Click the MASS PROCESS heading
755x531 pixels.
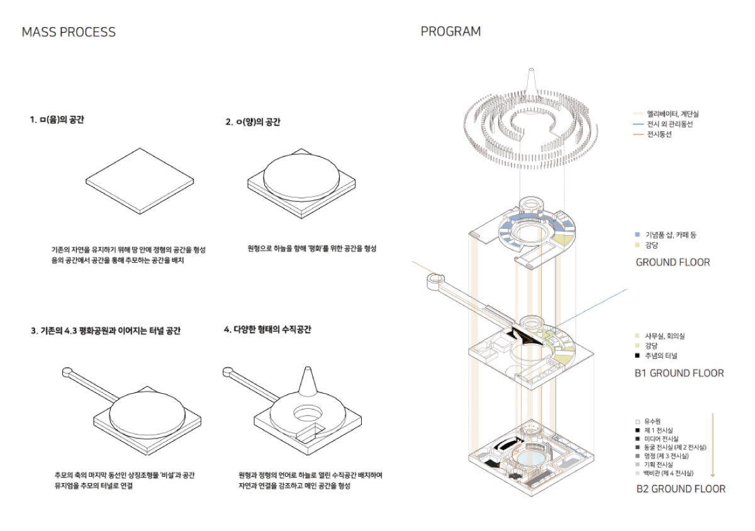69,32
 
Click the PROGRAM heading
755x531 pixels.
450,31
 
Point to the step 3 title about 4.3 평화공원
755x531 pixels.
106,331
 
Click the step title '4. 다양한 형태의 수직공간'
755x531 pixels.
267,329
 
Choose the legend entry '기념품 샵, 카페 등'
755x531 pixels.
671,235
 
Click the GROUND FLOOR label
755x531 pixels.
673,262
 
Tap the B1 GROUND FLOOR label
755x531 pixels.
679,373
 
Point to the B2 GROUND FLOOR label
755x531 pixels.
681,489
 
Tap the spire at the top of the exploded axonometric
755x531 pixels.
530,81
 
